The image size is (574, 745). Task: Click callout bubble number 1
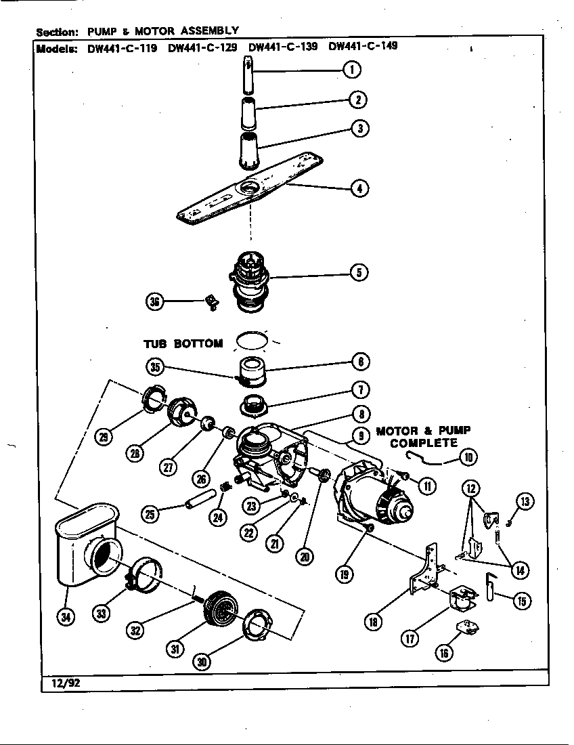[x=351, y=69]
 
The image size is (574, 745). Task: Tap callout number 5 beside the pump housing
[x=359, y=272]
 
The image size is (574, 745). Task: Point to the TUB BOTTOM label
[x=183, y=343]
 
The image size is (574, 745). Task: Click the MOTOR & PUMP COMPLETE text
[x=423, y=437]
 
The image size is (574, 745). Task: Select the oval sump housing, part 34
[x=85, y=549]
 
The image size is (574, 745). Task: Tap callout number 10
[x=467, y=458]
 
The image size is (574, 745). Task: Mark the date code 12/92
[x=62, y=683]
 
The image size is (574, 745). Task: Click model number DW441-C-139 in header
[x=283, y=47]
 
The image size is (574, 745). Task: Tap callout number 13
[x=525, y=501]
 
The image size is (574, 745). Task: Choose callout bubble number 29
[x=103, y=438]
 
